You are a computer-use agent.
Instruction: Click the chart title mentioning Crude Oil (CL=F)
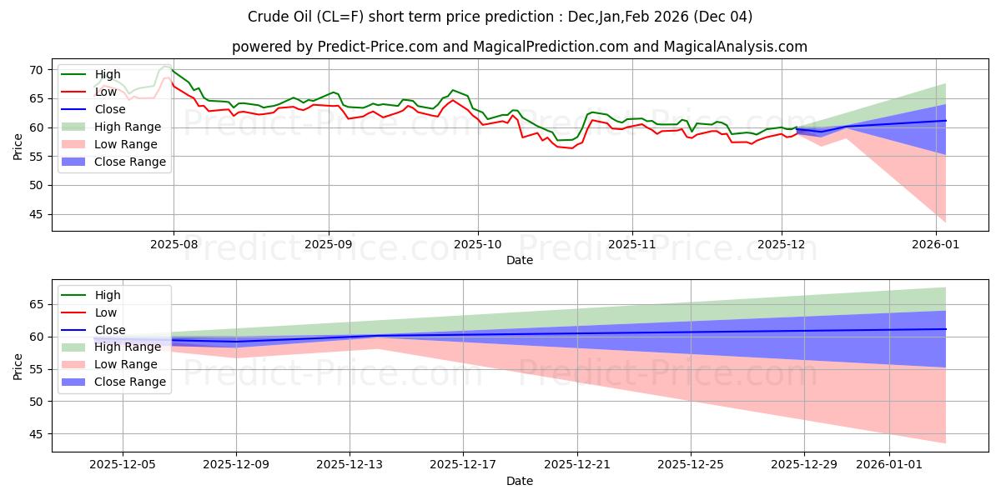tap(500, 17)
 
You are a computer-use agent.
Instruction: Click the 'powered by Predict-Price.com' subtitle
tap(519, 47)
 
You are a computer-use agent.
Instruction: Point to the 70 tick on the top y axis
tap(38, 70)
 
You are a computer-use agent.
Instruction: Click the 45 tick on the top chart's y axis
tap(38, 214)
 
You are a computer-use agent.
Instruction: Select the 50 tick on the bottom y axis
tap(38, 402)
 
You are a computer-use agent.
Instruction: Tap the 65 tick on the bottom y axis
tap(38, 304)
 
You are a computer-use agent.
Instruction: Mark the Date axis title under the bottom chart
tap(519, 481)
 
